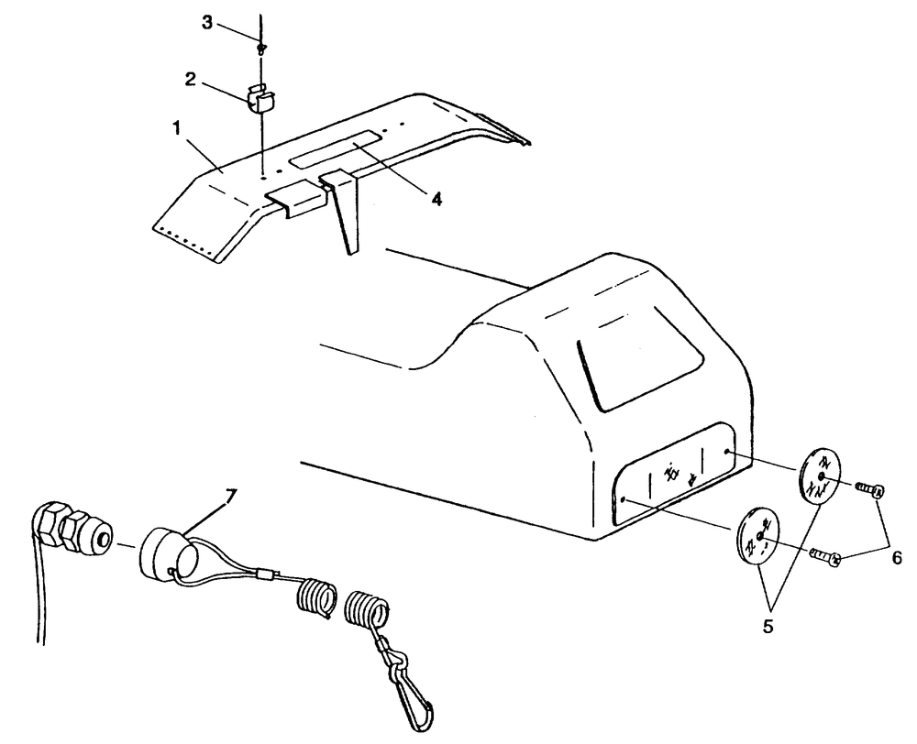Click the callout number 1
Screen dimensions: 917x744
177,128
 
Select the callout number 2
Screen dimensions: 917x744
191,80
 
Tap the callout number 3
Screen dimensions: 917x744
207,23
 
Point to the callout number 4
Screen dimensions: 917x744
436,199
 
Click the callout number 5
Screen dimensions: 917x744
768,626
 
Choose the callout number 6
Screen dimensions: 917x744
897,558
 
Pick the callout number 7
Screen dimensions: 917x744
230,497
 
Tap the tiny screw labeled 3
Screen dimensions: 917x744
261,47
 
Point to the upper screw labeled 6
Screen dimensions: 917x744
869,488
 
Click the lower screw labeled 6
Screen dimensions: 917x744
826,556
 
